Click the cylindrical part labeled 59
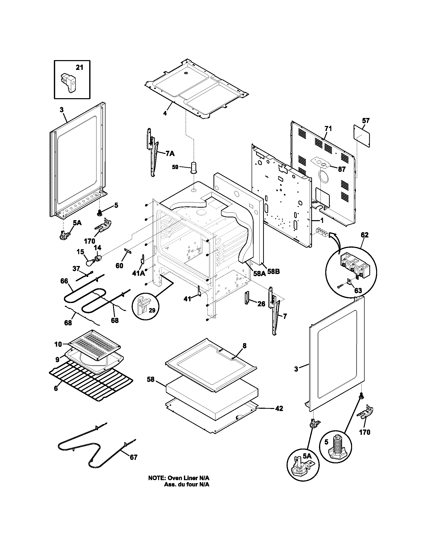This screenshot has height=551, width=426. (193, 167)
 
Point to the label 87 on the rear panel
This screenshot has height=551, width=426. (342, 169)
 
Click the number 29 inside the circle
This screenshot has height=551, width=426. (152, 310)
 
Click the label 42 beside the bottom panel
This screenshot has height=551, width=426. (279, 408)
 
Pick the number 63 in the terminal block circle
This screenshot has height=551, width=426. (358, 290)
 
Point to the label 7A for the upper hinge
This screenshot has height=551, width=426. (170, 153)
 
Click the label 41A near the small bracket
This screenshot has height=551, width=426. (139, 273)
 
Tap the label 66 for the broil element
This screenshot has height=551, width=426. (64, 281)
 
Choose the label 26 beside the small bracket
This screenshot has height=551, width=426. (261, 304)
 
